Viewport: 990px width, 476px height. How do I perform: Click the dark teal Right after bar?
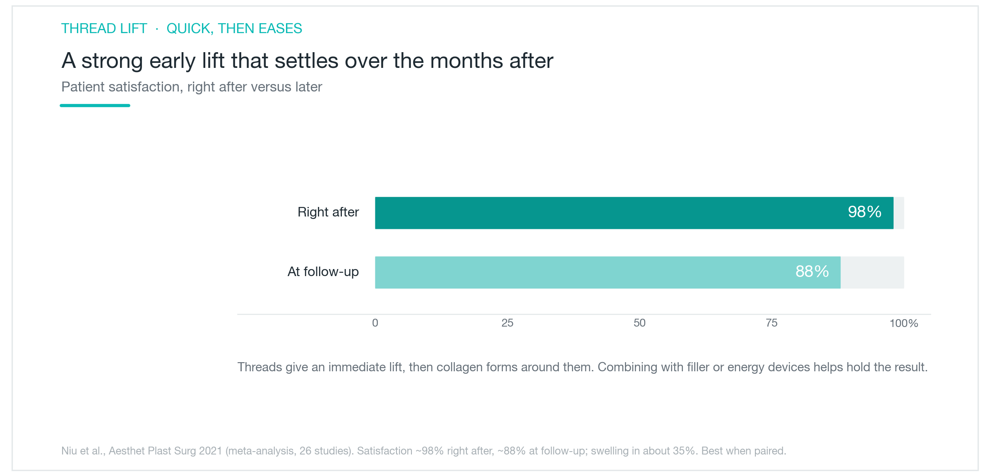click(634, 213)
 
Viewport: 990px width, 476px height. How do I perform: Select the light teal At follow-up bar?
click(608, 272)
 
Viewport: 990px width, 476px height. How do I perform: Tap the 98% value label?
click(865, 212)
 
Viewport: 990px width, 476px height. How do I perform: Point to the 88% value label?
click(812, 272)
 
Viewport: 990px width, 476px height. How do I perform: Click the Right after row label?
click(328, 212)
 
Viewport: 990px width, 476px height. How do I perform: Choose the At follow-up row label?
click(323, 272)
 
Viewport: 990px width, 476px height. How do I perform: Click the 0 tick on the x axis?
click(375, 323)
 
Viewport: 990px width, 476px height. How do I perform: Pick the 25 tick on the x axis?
click(507, 323)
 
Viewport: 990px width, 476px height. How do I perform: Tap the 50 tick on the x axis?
click(639, 323)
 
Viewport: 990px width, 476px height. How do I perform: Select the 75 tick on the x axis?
click(771, 323)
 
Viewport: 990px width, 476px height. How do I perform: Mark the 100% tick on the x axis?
click(904, 323)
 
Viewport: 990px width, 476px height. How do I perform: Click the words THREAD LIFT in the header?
click(104, 29)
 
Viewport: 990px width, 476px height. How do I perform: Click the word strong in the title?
click(112, 61)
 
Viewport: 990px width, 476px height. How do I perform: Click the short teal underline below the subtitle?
click(95, 106)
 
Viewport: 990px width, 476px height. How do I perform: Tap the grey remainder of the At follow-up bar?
click(872, 272)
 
